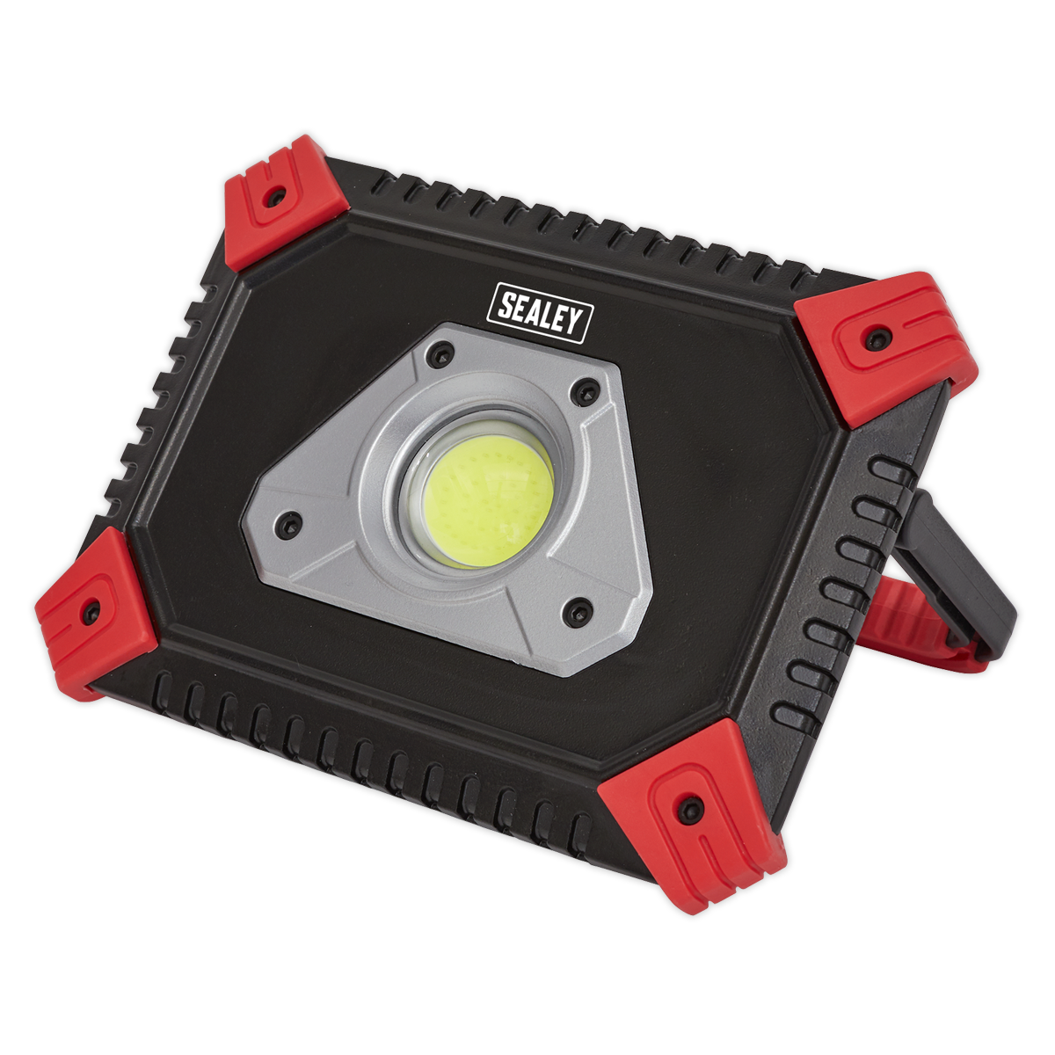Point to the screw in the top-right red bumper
[x=874, y=336]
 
